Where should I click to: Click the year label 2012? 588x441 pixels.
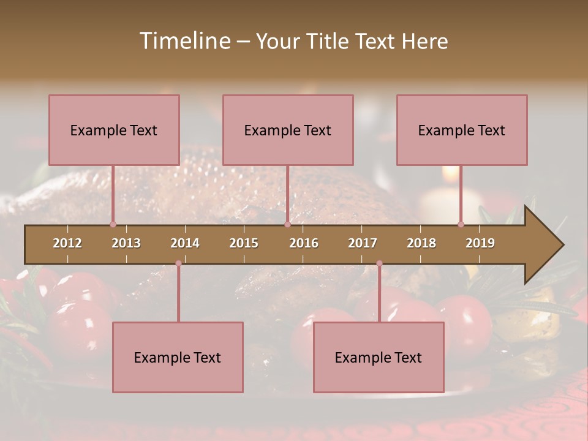[x=67, y=243]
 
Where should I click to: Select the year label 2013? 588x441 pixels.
[x=126, y=243]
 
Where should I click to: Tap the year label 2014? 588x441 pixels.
[x=185, y=243]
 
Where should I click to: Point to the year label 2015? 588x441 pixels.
[x=244, y=243]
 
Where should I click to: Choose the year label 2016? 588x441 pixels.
[x=304, y=243]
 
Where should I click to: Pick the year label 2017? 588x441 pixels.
[x=363, y=243]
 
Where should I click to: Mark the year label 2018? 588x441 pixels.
[x=421, y=243]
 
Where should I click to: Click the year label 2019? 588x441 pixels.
[x=480, y=243]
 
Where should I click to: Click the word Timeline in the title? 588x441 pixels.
[x=184, y=41]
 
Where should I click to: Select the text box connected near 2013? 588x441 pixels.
[x=114, y=130]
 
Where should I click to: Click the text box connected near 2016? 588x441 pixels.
[x=288, y=130]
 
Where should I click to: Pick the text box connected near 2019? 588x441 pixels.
[x=462, y=130]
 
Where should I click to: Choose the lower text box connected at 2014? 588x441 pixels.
[x=178, y=357]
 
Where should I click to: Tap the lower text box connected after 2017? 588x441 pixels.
[x=379, y=357]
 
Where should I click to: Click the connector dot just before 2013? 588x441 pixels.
[x=113, y=224]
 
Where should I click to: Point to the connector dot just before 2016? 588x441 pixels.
[x=287, y=224]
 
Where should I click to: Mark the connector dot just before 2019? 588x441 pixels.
[x=461, y=224]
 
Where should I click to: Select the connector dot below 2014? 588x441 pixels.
[x=178, y=263]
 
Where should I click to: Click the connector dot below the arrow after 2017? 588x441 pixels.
[x=379, y=263]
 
